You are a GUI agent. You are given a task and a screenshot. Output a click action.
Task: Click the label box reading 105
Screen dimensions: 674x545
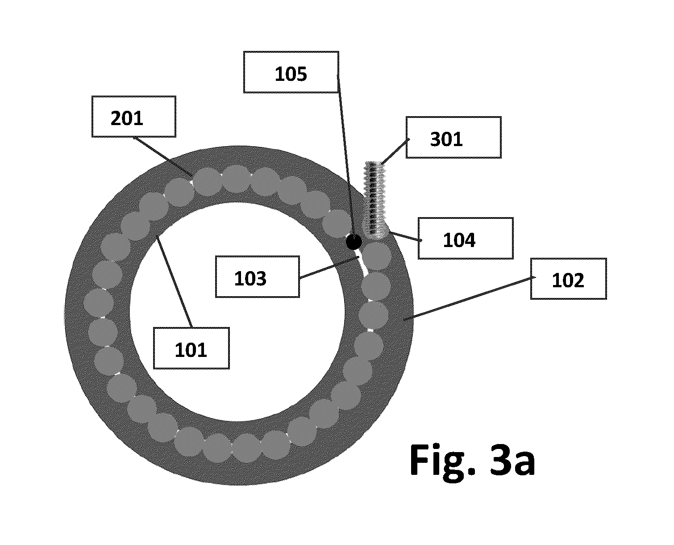[x=291, y=72]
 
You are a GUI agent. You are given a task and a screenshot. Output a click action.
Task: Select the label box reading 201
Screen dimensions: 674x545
[x=134, y=117]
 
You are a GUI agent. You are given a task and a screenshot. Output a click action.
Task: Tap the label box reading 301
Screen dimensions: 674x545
[x=453, y=138]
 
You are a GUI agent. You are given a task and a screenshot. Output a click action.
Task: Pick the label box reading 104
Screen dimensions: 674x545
[x=466, y=239]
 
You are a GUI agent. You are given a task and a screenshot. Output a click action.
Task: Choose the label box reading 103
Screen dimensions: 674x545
[x=257, y=277]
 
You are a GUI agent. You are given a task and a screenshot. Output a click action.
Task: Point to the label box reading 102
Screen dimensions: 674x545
[x=568, y=279]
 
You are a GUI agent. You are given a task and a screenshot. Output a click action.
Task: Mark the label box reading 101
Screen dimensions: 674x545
[x=191, y=348]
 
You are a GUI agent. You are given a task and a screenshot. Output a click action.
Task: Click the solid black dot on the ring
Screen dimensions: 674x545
[x=354, y=242]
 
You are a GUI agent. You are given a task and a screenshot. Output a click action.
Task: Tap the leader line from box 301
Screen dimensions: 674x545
[x=395, y=151]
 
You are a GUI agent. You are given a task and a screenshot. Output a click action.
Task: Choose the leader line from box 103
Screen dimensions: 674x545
[x=329, y=268]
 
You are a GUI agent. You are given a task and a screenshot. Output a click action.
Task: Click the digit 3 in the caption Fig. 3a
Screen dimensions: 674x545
[x=499, y=460]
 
